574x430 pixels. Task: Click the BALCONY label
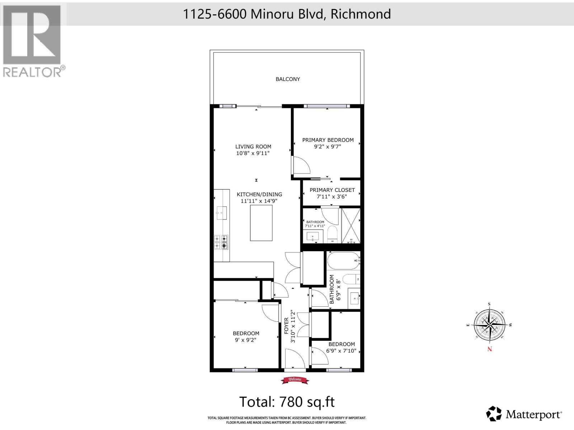(288, 79)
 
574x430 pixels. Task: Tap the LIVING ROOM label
(253, 147)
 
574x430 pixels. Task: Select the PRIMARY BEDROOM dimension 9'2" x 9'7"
(328, 147)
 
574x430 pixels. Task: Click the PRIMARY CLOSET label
(332, 190)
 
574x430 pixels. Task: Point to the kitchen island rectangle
(261, 223)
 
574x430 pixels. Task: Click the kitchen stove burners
(221, 242)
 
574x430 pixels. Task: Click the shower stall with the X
(350, 226)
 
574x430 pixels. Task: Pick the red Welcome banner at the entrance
(295, 380)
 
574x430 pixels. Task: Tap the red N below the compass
(489, 349)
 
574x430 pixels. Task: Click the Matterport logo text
(533, 415)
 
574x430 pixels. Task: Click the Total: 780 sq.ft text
(287, 402)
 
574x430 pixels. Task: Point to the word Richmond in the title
(361, 14)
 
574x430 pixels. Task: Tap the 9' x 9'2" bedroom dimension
(246, 340)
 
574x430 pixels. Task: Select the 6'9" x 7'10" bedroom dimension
(341, 351)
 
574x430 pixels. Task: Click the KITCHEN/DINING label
(259, 194)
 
